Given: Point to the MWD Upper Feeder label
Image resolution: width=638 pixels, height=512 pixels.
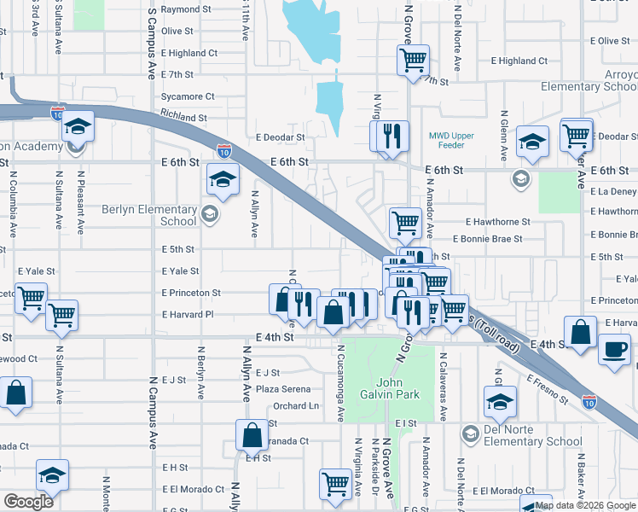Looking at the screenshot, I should tap(450, 141).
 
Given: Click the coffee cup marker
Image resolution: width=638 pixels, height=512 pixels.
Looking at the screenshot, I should tap(614, 349).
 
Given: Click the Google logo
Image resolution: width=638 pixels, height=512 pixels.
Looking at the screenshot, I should tap(28, 502).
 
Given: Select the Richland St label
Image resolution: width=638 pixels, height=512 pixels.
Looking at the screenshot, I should tap(183, 118).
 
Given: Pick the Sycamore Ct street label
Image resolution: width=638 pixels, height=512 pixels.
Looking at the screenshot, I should tap(188, 96).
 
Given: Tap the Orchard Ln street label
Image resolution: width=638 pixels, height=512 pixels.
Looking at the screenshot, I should tap(296, 405).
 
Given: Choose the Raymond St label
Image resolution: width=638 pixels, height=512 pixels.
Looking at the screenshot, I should tap(185, 9).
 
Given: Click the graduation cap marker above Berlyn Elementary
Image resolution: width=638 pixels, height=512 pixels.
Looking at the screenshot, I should tap(223, 178).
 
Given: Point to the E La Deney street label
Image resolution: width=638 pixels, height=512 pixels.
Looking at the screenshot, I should tap(613, 192).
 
